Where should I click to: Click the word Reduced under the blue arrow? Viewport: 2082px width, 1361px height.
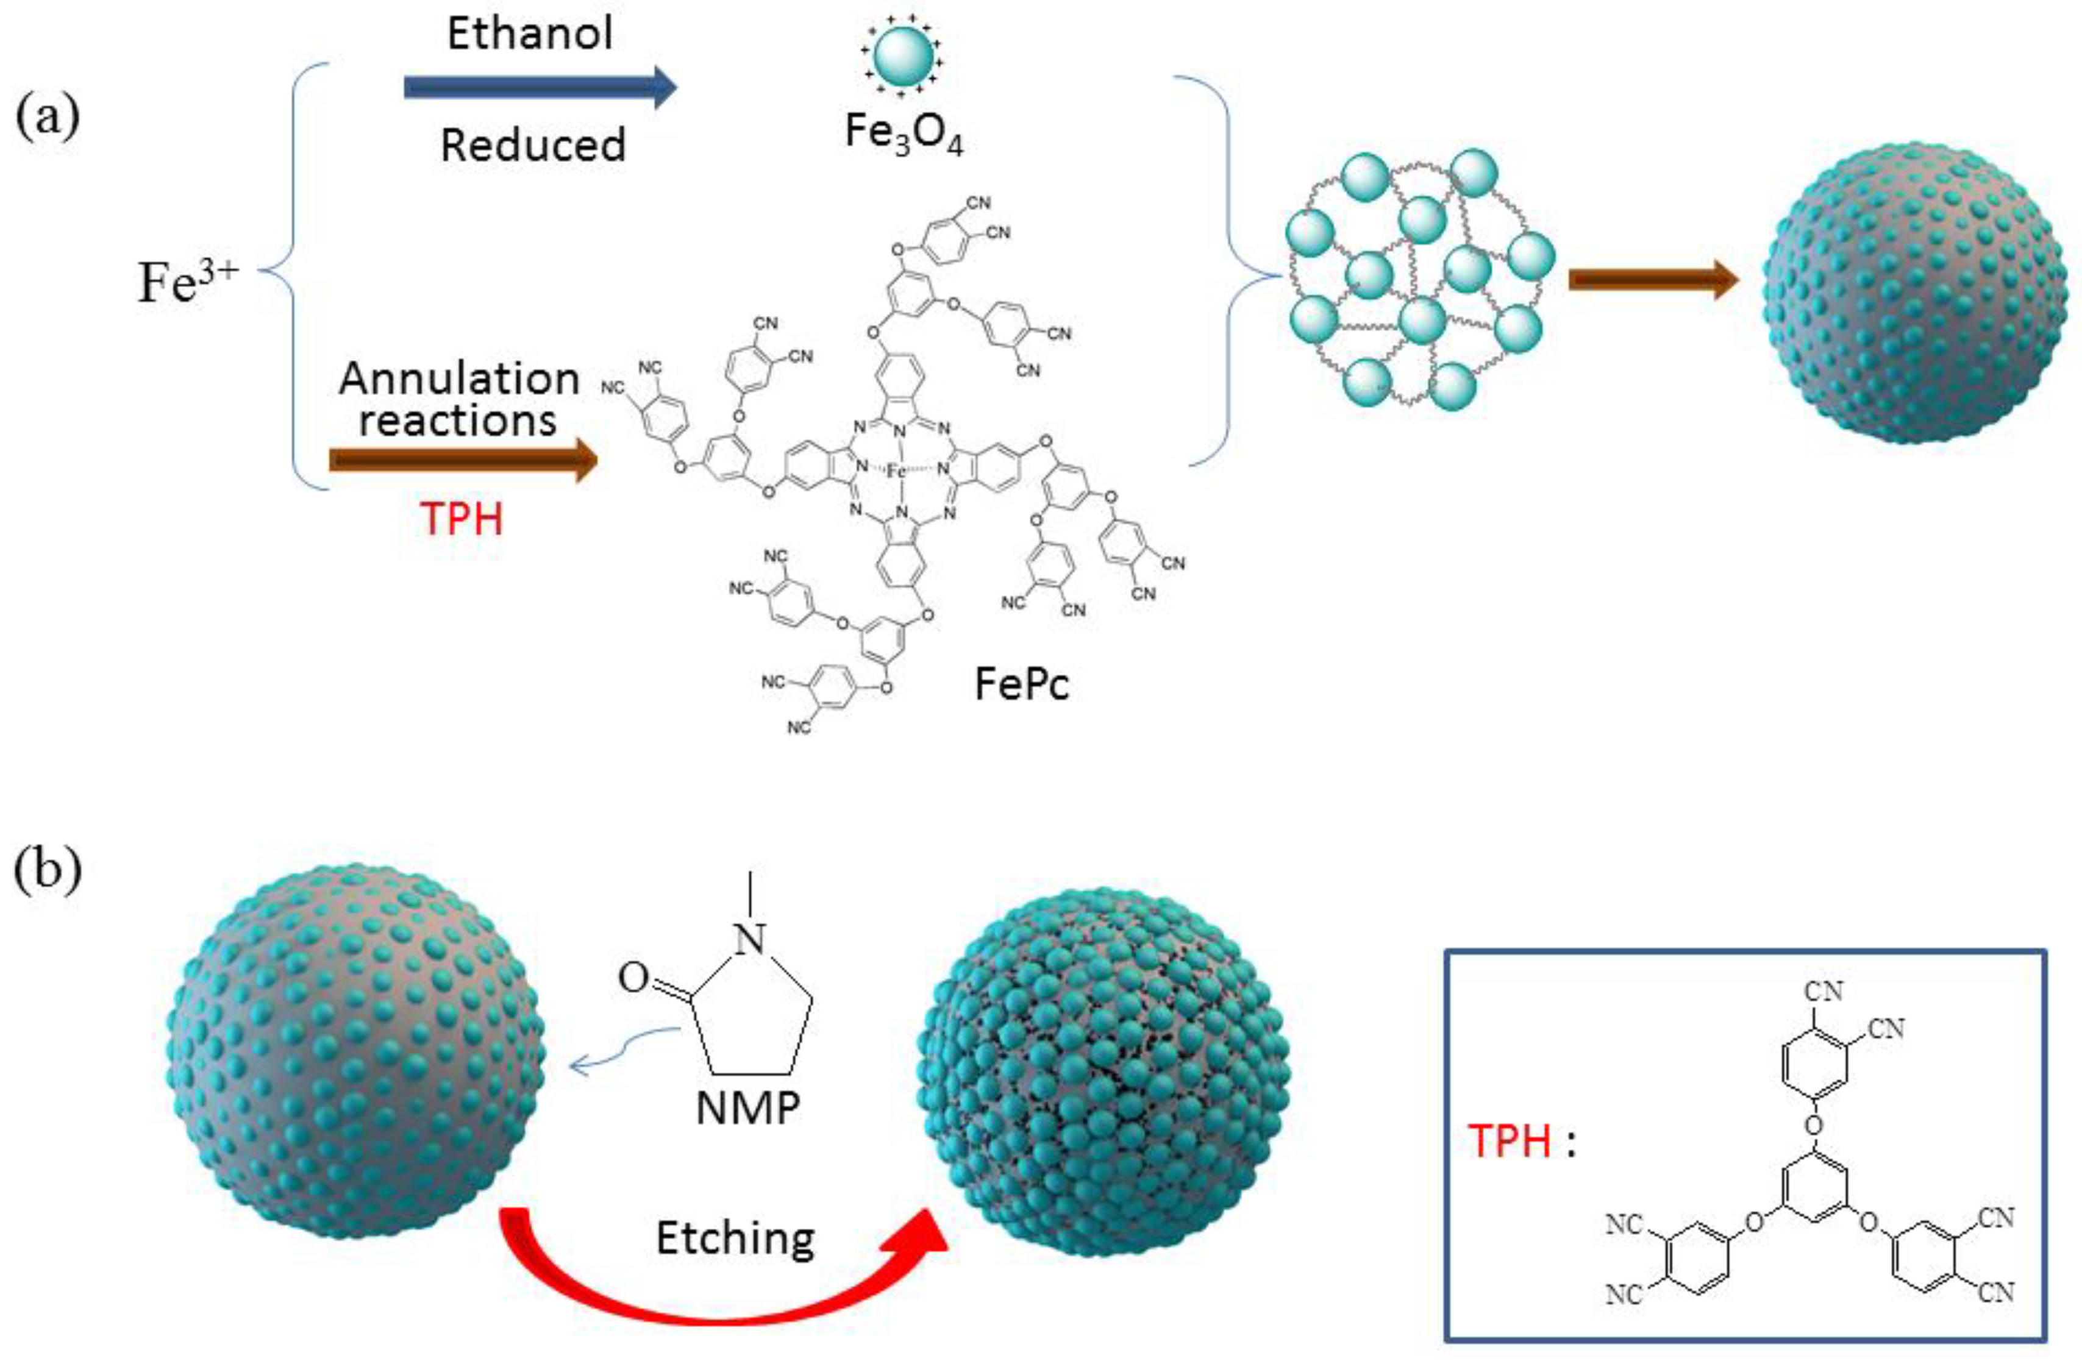click(x=533, y=145)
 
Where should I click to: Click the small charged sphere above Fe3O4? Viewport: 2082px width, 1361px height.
click(x=903, y=55)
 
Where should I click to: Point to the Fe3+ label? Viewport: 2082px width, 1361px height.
click(x=188, y=282)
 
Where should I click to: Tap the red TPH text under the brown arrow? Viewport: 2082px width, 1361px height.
click(x=462, y=519)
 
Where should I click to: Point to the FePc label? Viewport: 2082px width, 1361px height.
click(x=1021, y=684)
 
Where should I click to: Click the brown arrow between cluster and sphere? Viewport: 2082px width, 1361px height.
click(x=1652, y=280)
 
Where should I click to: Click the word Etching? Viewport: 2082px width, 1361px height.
click(x=735, y=1238)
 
